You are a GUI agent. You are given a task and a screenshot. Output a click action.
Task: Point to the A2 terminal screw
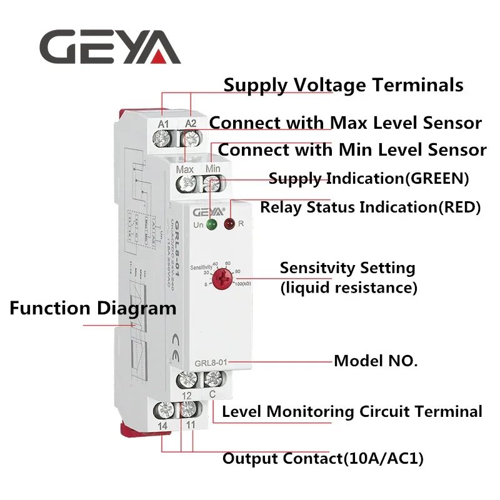tap(190, 139)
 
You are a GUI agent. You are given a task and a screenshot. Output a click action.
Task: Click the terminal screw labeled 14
tap(164, 410)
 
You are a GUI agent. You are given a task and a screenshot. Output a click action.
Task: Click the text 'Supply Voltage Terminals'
tap(343, 84)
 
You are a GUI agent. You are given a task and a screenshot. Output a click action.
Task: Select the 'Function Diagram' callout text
tap(93, 308)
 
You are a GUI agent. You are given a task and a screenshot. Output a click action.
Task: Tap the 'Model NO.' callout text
tap(376, 361)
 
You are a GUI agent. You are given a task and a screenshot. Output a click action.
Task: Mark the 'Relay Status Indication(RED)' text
tap(370, 207)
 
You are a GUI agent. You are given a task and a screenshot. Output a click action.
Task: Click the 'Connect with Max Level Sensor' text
tap(345, 122)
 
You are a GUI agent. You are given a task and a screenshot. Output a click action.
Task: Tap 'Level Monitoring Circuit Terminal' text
tap(352, 412)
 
